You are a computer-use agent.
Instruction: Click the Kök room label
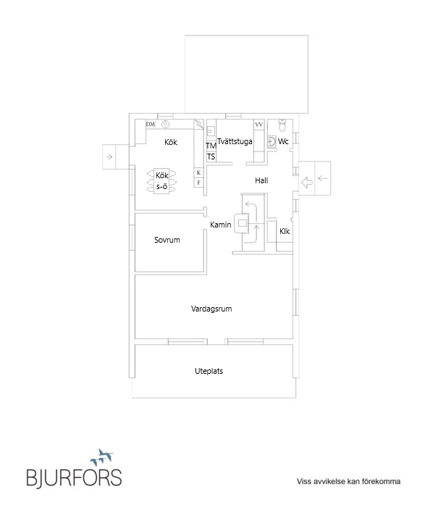171,142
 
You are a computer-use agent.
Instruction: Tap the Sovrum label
167,240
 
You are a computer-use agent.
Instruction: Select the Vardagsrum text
211,309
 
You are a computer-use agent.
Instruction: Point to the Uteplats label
209,371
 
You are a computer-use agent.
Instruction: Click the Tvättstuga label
235,141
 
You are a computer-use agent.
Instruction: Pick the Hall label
261,180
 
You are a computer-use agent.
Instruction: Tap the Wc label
283,141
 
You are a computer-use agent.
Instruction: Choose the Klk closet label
285,231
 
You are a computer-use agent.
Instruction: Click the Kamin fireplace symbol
242,223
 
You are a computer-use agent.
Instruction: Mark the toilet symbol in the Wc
282,125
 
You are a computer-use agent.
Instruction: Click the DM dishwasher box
151,125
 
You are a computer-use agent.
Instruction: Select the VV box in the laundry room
258,125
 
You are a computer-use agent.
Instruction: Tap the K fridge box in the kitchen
198,172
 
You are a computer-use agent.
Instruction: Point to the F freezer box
198,183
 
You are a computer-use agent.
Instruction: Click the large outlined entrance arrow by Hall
307,182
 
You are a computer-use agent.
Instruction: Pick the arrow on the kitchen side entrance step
109,156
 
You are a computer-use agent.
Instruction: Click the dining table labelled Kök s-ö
161,181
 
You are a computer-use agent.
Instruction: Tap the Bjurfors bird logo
101,457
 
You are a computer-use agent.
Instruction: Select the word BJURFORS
74,478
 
